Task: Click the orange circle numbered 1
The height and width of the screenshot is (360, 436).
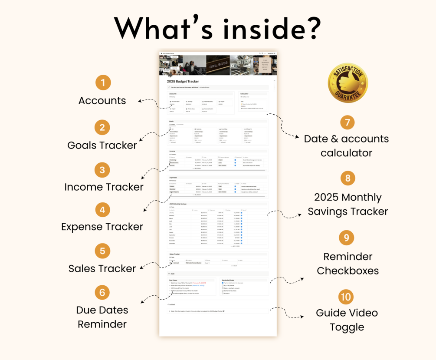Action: click(102, 82)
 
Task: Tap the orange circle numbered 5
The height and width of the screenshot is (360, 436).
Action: click(102, 251)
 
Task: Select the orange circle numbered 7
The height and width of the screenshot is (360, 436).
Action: click(347, 122)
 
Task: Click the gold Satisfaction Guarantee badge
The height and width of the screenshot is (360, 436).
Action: click(347, 83)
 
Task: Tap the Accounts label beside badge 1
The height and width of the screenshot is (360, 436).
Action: click(102, 101)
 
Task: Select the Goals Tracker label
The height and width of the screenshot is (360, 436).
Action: click(102, 145)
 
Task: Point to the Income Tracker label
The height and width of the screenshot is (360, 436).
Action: click(104, 187)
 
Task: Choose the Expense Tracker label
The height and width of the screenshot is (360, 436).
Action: click(102, 227)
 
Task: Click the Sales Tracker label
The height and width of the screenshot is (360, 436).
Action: click(102, 268)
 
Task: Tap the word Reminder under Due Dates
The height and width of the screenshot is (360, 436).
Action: click(102, 324)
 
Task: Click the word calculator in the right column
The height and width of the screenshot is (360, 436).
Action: click(347, 153)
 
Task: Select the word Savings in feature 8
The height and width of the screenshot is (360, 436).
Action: click(335, 211)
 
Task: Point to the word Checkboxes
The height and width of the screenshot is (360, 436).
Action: click(347, 271)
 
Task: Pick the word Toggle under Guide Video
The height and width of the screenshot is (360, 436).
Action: click(347, 327)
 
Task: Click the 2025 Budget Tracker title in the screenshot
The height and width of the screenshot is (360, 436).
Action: click(183, 81)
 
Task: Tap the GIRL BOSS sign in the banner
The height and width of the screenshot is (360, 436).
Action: click(218, 66)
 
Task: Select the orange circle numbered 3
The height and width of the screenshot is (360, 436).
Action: click(102, 169)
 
